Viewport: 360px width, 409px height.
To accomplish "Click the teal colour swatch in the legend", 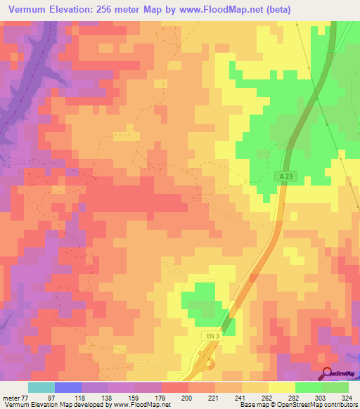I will click(41, 388).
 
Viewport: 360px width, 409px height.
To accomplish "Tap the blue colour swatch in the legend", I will click(67, 388).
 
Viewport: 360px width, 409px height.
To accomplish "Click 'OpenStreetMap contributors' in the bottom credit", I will click(320, 405).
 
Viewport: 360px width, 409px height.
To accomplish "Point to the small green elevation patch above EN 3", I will click(200, 299).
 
